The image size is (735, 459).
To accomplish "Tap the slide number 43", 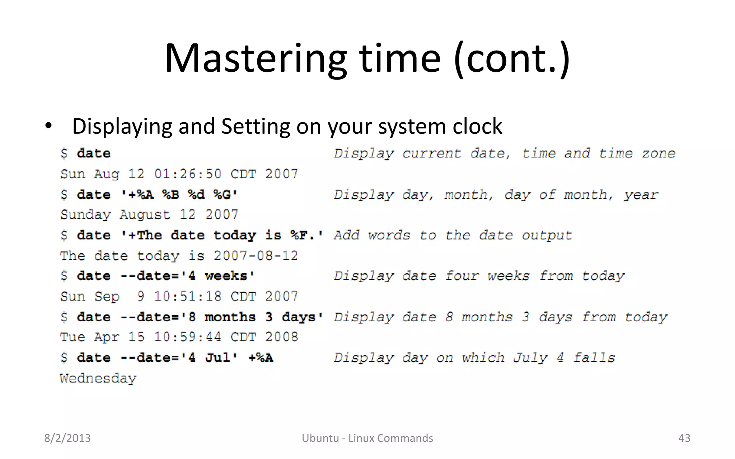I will coord(684,438).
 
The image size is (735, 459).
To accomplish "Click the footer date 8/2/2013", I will coord(67,438).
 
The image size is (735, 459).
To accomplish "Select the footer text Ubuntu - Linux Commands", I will coord(367,438).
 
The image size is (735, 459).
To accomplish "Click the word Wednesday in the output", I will coord(98,378).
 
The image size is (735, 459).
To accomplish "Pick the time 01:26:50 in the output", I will coord(188,174).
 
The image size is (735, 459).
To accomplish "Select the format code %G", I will coord(223,194).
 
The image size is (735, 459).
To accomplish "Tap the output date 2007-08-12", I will coord(256,256).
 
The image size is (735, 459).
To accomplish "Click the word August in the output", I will coord(145,215).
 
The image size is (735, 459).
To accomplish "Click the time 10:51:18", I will coord(188,297).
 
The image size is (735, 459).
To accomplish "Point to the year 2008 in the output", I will coord(281,337).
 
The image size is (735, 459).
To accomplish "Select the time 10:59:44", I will coord(188,337).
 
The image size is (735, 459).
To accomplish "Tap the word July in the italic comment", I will coord(530,358).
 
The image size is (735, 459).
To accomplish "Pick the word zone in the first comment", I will coord(659,153).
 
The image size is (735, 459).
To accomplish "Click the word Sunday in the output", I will coord(85,215).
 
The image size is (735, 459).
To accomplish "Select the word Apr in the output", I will coord(107,337).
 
